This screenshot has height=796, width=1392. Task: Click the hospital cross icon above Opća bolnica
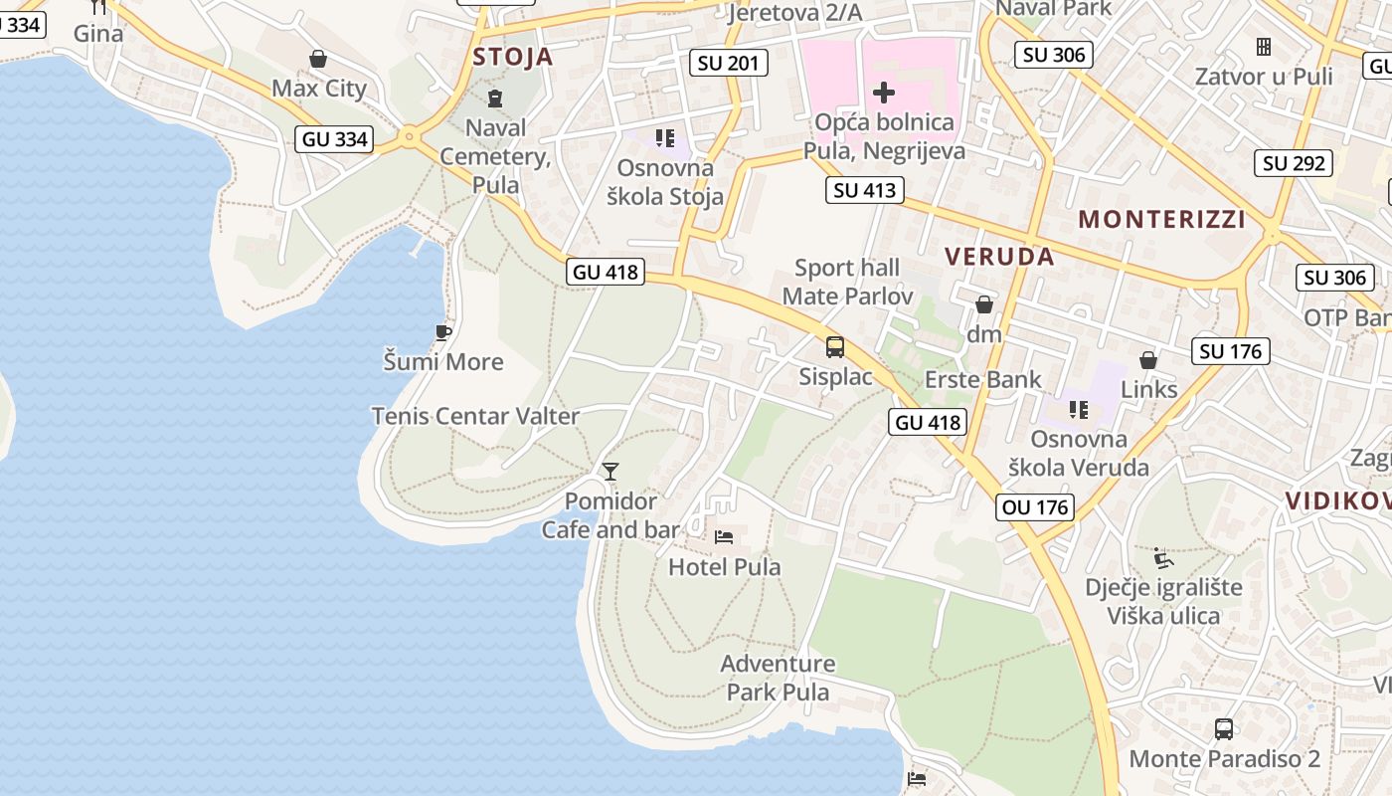pyautogui.click(x=883, y=94)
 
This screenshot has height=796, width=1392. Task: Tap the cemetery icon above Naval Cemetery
pyautogui.click(x=495, y=98)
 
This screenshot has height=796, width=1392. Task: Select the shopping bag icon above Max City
pyautogui.click(x=318, y=59)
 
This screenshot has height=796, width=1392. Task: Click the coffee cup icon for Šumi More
pyautogui.click(x=443, y=332)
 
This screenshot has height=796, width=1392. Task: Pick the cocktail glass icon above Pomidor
pyautogui.click(x=610, y=471)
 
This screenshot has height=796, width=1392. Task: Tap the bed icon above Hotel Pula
pyautogui.click(x=724, y=537)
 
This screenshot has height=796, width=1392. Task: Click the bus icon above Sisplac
pyautogui.click(x=835, y=347)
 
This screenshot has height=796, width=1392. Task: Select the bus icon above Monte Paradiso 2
pyautogui.click(x=1224, y=728)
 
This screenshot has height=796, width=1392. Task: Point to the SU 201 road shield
pyautogui.click(x=729, y=64)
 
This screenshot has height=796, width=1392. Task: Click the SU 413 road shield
pyautogui.click(x=864, y=190)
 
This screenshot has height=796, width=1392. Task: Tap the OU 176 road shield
pyautogui.click(x=1035, y=507)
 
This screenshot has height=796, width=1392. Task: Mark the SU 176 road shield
pyautogui.click(x=1230, y=351)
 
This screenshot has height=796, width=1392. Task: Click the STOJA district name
pyautogui.click(x=513, y=57)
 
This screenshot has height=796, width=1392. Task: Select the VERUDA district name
pyautogui.click(x=999, y=257)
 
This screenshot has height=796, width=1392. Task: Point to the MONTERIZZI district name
pyautogui.click(x=1161, y=220)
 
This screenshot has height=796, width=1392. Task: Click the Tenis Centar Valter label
pyautogui.click(x=475, y=416)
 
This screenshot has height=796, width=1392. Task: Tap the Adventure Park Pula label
pyautogui.click(x=778, y=678)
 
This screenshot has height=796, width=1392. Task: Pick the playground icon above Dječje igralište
pyautogui.click(x=1160, y=557)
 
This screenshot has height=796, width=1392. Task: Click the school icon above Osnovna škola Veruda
pyautogui.click(x=1078, y=409)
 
